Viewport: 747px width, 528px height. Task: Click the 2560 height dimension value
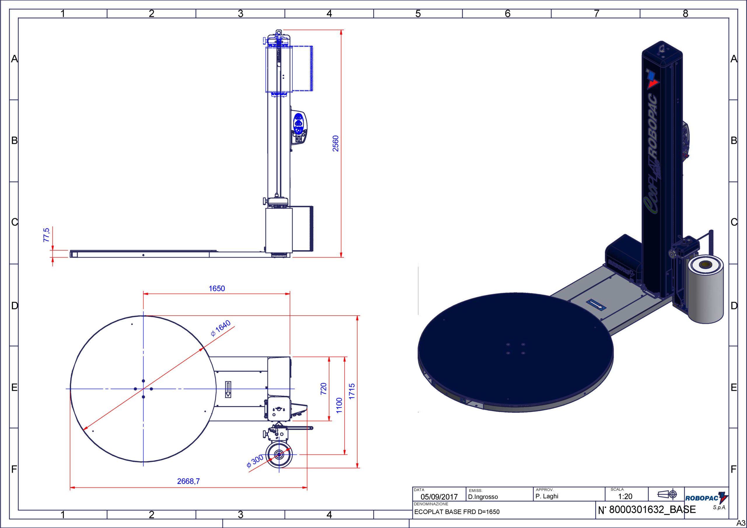tap(336, 144)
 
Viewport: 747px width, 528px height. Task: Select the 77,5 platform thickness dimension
tap(46, 235)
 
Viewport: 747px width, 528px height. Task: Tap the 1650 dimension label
tap(217, 289)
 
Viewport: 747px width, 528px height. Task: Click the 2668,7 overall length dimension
tap(189, 481)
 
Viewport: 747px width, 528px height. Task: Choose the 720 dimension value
tap(323, 389)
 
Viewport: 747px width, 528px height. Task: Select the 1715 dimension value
tap(352, 391)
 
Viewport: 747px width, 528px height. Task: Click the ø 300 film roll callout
tap(255, 461)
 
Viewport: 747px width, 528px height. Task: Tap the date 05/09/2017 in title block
tap(439, 497)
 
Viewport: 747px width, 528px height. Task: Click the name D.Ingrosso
tap(483, 497)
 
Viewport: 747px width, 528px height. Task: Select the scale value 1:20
tap(625, 496)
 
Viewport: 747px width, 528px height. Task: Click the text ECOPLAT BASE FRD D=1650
tap(457, 512)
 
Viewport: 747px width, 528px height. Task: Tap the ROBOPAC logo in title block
tap(706, 498)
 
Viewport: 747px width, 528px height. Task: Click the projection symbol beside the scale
tap(667, 494)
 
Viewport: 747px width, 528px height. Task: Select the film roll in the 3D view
tap(706, 290)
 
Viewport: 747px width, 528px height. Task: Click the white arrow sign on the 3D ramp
tap(596, 305)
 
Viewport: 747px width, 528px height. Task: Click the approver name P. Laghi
tap(547, 496)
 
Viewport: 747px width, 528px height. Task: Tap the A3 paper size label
tap(741, 522)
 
